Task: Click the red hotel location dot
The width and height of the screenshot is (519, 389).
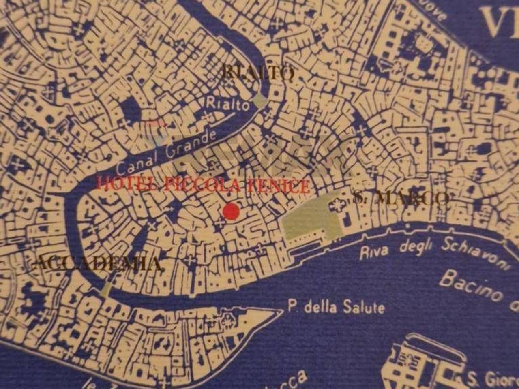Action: [x=231, y=211]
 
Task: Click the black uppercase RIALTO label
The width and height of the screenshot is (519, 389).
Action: [x=258, y=73]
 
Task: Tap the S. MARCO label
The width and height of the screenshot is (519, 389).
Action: [x=401, y=198]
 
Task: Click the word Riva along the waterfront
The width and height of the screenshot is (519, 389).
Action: [x=374, y=252]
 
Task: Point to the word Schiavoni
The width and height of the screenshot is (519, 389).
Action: [x=474, y=253]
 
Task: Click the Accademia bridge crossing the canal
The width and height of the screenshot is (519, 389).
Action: [x=106, y=289]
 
